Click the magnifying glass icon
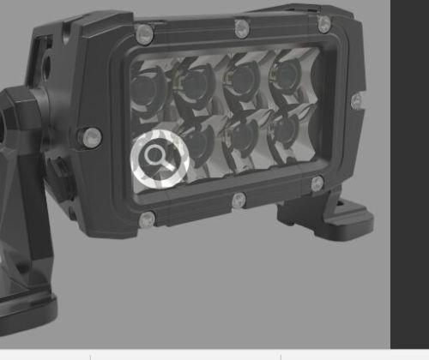(x=159, y=158)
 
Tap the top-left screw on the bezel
(x=145, y=34)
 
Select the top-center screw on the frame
(x=243, y=28)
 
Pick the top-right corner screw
(x=324, y=24)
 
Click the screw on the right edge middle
(x=355, y=101)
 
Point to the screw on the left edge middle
(x=90, y=135)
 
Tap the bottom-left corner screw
(x=147, y=219)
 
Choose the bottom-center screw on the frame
(x=239, y=201)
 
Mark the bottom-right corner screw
(x=317, y=183)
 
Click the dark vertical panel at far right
(x=410, y=171)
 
